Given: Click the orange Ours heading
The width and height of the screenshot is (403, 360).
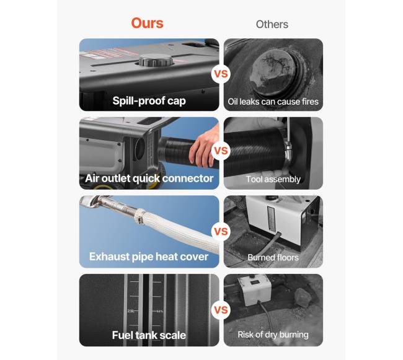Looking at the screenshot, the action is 147,23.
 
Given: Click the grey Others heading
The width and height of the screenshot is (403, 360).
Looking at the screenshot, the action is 272,24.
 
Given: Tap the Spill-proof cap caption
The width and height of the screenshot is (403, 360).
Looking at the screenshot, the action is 149,100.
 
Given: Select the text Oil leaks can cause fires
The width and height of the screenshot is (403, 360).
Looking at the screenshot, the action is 273,102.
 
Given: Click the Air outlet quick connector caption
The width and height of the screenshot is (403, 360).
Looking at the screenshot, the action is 149,178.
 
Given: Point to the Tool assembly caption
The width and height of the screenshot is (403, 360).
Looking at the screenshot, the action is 273,179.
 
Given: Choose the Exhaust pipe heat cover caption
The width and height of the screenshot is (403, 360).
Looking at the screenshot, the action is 149,257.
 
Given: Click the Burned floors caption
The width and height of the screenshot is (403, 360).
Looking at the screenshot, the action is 273,257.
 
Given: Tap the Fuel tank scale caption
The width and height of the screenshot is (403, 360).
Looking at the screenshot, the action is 149,335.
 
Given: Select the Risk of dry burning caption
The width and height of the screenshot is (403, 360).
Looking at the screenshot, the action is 273,335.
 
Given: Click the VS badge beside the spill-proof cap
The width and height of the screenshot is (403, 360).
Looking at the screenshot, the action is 221,74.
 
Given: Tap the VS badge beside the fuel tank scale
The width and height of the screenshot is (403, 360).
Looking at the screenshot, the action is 221,310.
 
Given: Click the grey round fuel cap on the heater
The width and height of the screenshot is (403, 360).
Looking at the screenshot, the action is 156,60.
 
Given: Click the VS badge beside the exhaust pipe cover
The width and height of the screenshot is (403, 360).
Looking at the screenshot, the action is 221,231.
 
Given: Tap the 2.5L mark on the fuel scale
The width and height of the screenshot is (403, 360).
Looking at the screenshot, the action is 131,311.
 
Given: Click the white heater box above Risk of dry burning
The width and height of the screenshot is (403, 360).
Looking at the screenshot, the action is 254,289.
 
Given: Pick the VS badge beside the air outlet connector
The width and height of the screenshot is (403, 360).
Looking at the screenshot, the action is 221,151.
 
